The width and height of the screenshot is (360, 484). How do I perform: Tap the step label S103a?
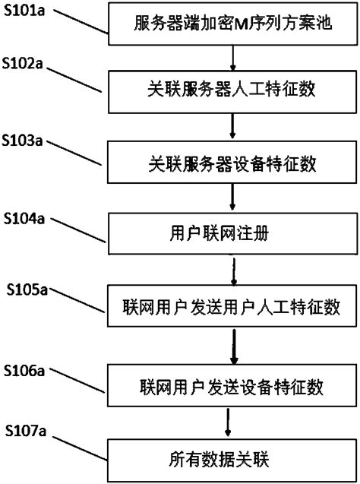point(25,141)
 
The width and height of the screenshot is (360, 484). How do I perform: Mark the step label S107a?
point(25,432)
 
